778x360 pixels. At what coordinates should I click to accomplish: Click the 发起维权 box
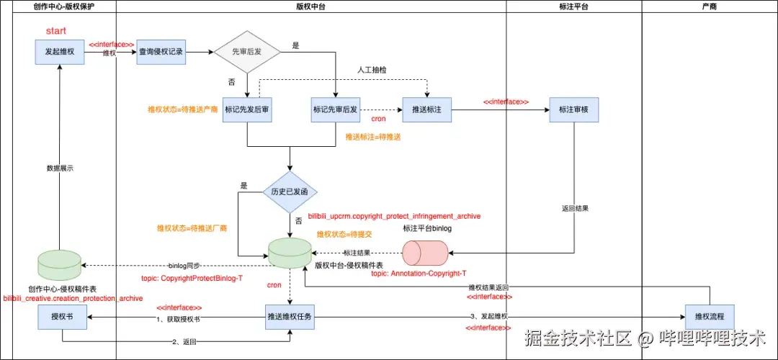[60, 52]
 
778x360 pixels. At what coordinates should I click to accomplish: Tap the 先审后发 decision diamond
[247, 52]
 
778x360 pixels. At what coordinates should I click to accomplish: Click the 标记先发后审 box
[247, 109]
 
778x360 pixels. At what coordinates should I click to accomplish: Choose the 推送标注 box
[427, 109]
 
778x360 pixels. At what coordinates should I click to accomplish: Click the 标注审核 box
[573, 109]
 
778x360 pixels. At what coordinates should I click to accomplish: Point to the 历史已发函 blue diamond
[290, 192]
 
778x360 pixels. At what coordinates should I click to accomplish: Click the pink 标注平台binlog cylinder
[425, 253]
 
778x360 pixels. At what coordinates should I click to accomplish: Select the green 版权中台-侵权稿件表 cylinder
[290, 253]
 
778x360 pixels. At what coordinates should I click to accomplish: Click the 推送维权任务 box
[290, 317]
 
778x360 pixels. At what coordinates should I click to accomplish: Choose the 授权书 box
[62, 317]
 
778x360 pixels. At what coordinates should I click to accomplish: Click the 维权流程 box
[710, 317]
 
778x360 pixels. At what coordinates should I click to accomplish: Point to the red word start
[56, 32]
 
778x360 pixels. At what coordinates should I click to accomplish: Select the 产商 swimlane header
[709, 6]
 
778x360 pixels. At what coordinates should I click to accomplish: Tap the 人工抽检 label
[372, 71]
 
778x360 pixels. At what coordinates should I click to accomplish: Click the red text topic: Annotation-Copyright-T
[419, 274]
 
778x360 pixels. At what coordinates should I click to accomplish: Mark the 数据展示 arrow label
[60, 168]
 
